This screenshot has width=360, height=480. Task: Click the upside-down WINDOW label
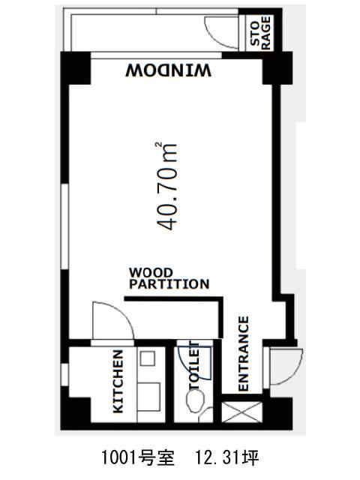point(168,70)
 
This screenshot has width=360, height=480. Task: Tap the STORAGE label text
point(261,33)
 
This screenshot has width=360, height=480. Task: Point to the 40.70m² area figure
point(166,186)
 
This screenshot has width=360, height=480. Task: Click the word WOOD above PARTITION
point(151,272)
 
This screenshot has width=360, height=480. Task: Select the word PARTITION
point(169,284)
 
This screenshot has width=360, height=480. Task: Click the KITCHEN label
point(118,382)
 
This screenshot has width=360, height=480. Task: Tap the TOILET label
point(194,366)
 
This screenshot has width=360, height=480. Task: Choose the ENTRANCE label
point(243,354)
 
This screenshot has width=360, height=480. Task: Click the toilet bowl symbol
point(196,401)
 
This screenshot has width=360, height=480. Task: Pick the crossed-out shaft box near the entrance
point(241,412)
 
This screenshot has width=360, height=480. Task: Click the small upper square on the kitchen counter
point(148,358)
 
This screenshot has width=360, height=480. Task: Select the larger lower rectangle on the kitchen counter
point(148,397)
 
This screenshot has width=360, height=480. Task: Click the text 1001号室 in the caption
point(138,458)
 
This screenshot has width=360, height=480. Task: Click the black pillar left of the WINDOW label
point(76,68)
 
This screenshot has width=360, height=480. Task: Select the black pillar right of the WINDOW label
point(277,68)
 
